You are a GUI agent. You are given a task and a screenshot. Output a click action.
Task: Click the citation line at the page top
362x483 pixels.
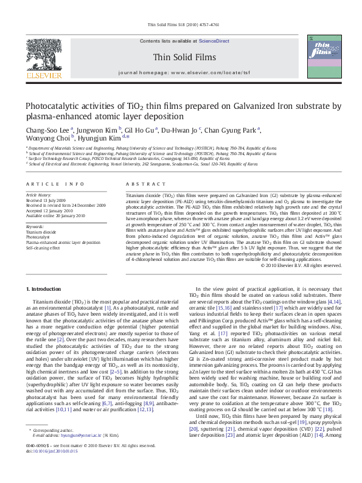(181, 26)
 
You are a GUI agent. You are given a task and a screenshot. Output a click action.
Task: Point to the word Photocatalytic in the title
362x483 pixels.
(54, 105)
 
